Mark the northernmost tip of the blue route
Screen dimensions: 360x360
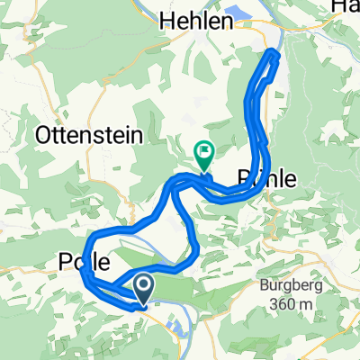pos(273,54)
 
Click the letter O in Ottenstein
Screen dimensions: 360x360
pos(43,136)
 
